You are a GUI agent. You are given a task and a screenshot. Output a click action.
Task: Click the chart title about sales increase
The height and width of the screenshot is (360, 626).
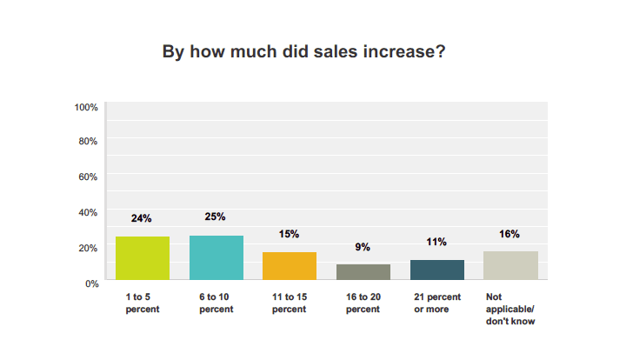pos(304,51)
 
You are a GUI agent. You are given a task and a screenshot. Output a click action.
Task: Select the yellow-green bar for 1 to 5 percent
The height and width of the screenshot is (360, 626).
pos(143,258)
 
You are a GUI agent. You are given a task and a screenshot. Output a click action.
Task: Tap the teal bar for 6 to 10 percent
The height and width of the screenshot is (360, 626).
pos(216,257)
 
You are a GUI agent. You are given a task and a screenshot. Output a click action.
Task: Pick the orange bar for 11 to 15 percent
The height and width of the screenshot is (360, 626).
pos(290,266)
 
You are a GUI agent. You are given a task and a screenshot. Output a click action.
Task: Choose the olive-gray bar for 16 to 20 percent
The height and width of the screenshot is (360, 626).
pos(363,272)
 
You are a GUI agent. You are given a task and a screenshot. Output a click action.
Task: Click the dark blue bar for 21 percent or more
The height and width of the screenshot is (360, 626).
pos(437,270)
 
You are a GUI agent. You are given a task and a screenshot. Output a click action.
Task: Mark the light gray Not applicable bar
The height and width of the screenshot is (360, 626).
pos(510,265)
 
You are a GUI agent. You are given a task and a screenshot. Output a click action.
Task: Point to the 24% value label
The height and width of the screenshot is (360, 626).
pos(143,218)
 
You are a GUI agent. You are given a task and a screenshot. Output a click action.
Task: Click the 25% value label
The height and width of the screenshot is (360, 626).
pos(216,217)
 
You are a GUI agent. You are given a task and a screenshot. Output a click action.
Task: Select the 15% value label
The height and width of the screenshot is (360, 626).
pos(290,235)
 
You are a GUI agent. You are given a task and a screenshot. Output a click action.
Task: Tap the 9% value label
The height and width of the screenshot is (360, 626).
pos(363,247)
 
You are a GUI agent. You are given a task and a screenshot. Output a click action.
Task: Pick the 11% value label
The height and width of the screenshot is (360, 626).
pos(436,242)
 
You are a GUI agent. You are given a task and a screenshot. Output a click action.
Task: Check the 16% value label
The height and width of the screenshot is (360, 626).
pos(510,234)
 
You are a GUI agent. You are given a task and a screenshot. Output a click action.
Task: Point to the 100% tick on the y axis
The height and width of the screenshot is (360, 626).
pos(86,107)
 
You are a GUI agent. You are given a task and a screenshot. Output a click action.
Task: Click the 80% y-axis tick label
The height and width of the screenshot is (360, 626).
pos(89,141)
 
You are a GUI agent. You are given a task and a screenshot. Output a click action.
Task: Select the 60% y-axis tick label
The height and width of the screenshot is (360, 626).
pos(89,177)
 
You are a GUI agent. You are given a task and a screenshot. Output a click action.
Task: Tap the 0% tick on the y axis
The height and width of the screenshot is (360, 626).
pos(91,283)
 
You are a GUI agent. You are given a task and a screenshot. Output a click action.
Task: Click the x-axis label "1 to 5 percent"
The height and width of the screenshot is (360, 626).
pos(142,303)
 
